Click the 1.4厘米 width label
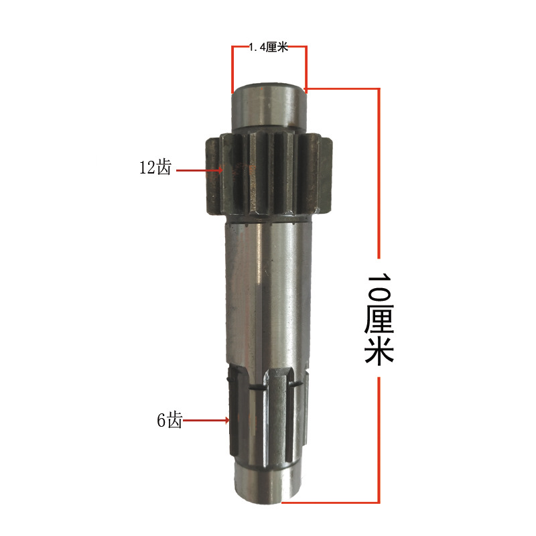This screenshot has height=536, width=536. coord(268,48)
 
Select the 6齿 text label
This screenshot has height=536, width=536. coord(169,421)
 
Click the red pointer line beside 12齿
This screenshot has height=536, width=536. coord(199,170)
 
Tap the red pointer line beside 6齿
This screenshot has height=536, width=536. coord(206,421)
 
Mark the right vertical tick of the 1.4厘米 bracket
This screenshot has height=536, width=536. coord(306,67)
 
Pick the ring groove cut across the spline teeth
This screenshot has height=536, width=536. coord(268,387)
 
